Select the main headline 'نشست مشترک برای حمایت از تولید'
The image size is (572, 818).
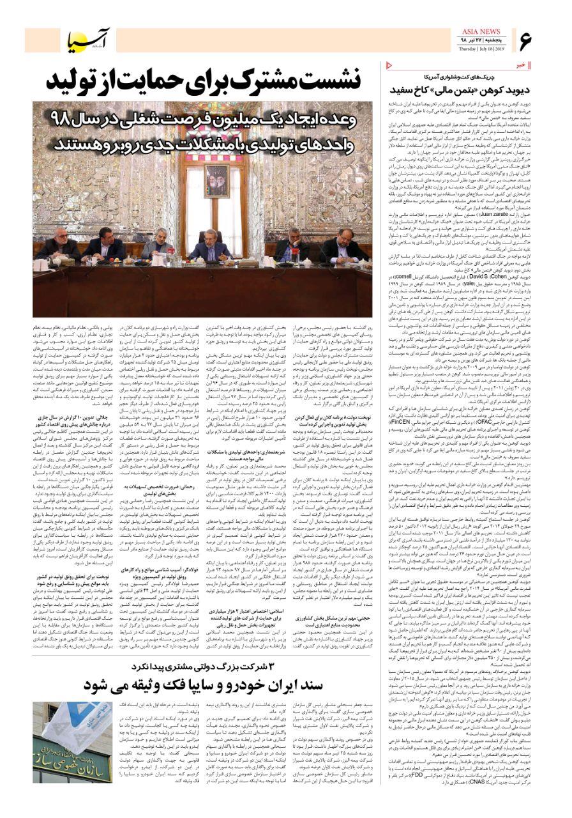click(204, 82)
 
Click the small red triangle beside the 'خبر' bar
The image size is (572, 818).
click(390, 65)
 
